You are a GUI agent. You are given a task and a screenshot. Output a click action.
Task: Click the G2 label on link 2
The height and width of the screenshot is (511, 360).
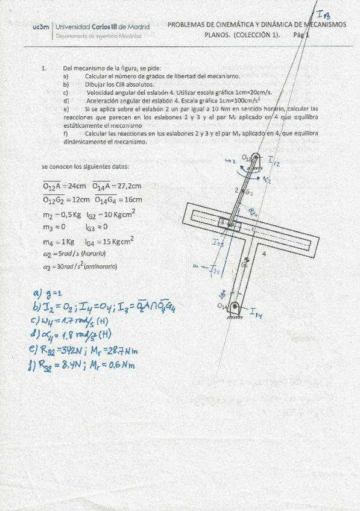248,192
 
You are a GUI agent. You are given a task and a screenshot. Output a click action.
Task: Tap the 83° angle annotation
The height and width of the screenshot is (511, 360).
253,211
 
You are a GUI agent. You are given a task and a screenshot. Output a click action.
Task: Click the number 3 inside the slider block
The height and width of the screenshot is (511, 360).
222,222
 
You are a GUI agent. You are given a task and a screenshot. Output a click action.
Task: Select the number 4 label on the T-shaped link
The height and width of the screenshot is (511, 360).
264,254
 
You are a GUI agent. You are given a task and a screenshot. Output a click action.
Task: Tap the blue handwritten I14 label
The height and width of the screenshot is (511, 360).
256,313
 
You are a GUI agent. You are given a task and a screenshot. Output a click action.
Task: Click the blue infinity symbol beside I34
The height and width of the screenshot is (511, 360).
194,266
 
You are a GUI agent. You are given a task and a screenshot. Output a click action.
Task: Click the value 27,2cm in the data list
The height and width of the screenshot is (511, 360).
128,187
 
